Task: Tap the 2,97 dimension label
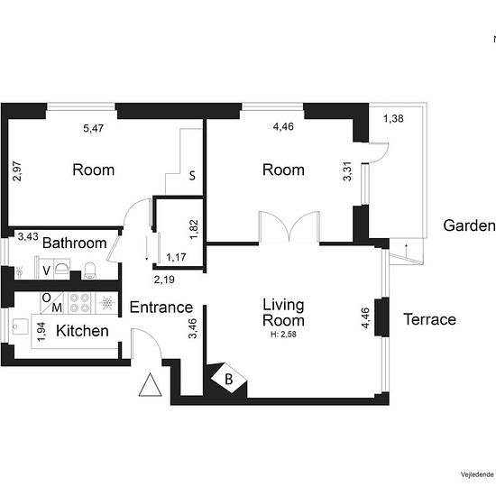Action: (x=17, y=171)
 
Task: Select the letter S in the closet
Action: (x=191, y=176)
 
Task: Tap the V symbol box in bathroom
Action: (x=46, y=268)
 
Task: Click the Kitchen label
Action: (x=82, y=331)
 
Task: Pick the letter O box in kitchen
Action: (x=45, y=297)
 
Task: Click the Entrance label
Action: (x=161, y=308)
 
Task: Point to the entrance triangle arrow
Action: (x=149, y=387)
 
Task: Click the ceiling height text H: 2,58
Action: (x=283, y=335)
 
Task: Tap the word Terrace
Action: (x=428, y=319)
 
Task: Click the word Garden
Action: (x=469, y=226)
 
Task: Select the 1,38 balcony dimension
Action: (x=392, y=119)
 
